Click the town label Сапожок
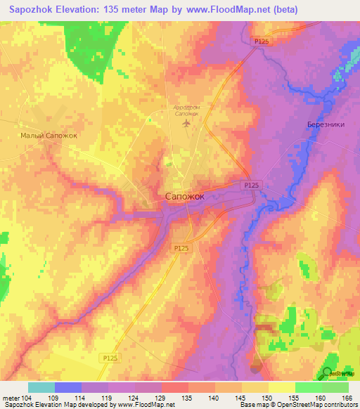185,197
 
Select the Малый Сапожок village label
48,136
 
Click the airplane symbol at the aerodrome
186,124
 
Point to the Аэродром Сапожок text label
186,110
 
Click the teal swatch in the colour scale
41,387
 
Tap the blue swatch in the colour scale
68,387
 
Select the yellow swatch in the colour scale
282,387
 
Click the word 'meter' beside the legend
10,397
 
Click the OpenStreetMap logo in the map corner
328,373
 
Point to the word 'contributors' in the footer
338,405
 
